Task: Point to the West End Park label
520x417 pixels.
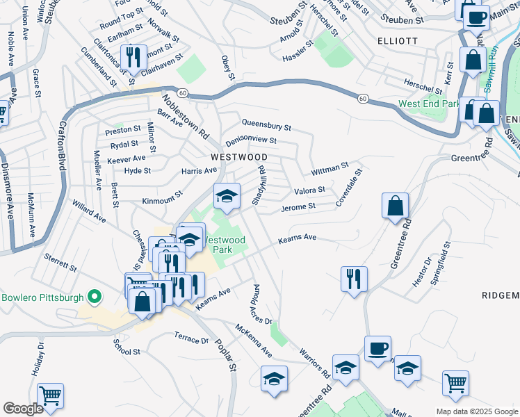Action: coord(429,104)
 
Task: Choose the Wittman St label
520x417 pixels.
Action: coord(330,168)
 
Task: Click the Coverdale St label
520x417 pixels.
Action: coord(349,186)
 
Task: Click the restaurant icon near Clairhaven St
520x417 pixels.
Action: coord(131,56)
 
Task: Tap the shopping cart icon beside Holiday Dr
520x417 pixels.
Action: coord(50,395)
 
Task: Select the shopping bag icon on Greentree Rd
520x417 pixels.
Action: coord(395,204)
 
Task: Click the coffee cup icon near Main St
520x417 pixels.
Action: coord(476,17)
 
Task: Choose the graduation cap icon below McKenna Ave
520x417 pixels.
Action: coord(275,379)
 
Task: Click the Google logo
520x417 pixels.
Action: coord(23,409)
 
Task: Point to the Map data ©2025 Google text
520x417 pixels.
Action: coord(476,411)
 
